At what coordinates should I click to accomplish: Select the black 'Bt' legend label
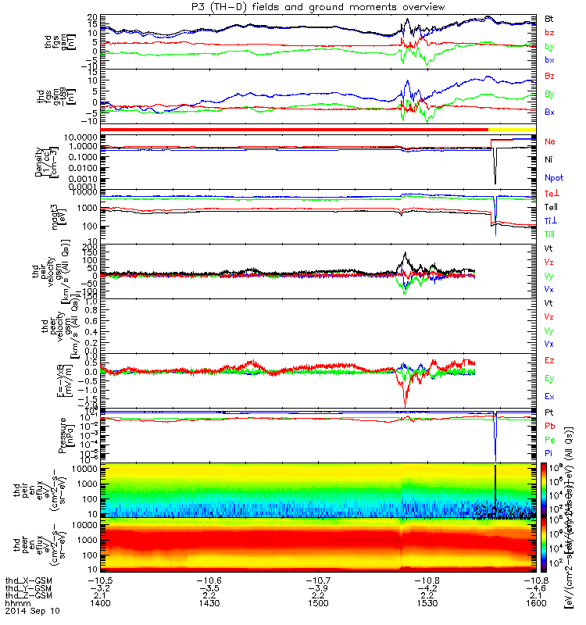coord(549,17)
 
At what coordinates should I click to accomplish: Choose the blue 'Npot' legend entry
coord(552,177)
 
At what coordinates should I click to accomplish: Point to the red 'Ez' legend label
coord(549,360)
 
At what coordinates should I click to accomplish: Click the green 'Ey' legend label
coord(549,378)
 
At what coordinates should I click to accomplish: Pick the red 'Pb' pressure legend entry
coord(549,425)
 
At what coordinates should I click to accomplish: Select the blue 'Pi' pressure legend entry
coord(549,452)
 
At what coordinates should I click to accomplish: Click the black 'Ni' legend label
coord(549,159)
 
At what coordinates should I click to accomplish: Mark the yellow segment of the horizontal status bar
coord(512,129)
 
